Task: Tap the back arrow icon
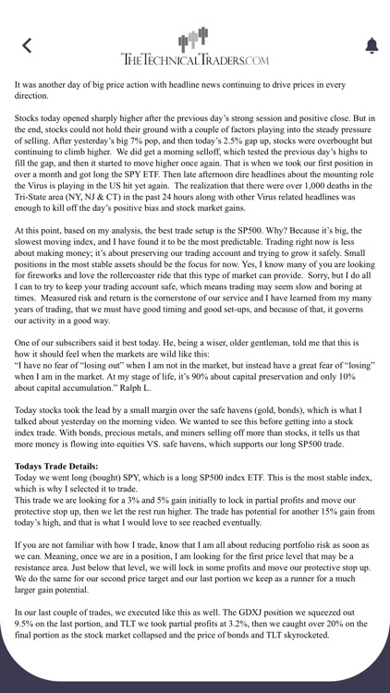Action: pyautogui.click(x=27, y=45)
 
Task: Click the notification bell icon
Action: pyautogui.click(x=372, y=45)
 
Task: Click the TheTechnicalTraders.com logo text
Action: pyautogui.click(x=195, y=59)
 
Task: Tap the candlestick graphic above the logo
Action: pyautogui.click(x=194, y=38)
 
